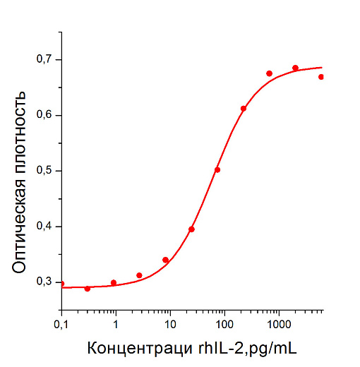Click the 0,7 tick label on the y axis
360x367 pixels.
coord(44,59)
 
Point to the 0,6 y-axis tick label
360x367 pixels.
coord(44,115)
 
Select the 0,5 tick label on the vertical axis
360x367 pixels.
coord(44,171)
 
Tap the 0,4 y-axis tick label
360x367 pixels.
coord(44,227)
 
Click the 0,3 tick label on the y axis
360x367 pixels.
coord(44,282)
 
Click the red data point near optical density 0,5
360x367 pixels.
coord(217,169)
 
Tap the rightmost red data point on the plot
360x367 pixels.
coord(321,77)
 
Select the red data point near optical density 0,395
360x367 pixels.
coord(191,229)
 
